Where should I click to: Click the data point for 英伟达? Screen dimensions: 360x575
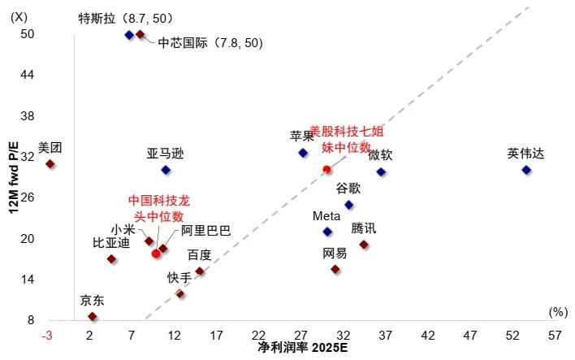(x=525, y=170)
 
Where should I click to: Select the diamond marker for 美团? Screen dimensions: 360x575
(x=50, y=164)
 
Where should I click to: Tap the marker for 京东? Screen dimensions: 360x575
(x=93, y=316)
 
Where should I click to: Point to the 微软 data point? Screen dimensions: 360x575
(x=381, y=172)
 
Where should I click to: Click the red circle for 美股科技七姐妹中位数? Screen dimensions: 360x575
(x=326, y=170)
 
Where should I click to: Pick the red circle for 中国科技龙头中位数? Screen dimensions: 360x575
(x=156, y=254)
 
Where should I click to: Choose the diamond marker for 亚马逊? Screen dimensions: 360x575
(x=166, y=170)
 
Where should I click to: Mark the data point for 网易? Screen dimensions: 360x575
(x=335, y=269)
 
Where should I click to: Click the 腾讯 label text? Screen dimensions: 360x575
(x=364, y=228)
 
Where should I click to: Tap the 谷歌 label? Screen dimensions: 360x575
(x=349, y=189)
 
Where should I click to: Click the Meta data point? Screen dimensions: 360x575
(x=327, y=232)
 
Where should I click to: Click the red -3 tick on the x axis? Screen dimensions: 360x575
(x=49, y=336)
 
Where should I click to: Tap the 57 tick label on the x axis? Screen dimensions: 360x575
(x=555, y=336)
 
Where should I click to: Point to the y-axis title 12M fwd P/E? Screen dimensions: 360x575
(x=12, y=176)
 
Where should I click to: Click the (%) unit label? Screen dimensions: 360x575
(x=557, y=311)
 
